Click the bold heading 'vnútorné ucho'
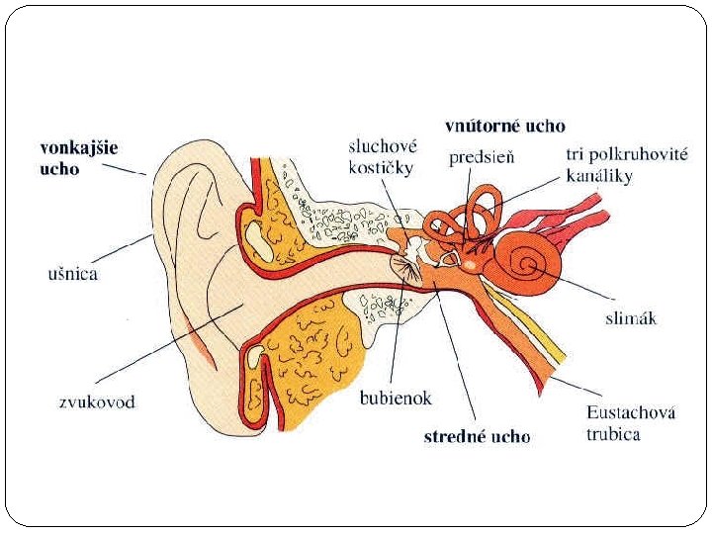click(505, 126)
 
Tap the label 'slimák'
click(631, 318)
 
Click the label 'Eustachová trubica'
click(630, 424)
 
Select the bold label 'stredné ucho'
click(477, 436)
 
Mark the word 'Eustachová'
click(630, 413)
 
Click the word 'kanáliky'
click(599, 177)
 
